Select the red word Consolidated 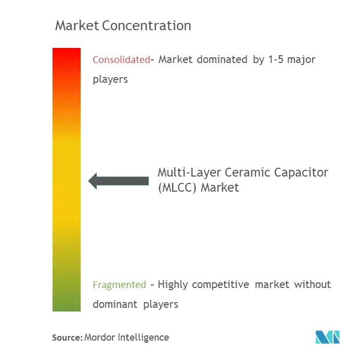coord(121,59)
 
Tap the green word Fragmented coord(119,284)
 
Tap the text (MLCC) coord(176,188)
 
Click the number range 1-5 coord(277,59)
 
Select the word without coord(313,284)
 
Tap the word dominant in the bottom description coord(114,304)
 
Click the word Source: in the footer coord(67,338)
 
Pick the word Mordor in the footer coord(100,338)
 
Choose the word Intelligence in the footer coord(144,338)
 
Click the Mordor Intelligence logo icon coord(327,336)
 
